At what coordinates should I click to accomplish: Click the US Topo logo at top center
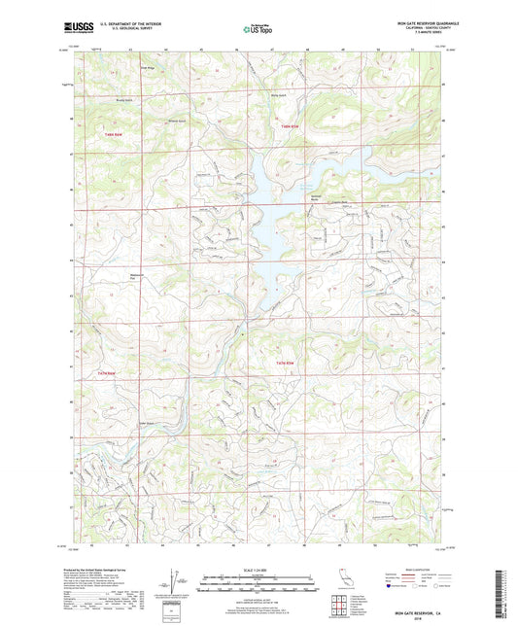click(x=252, y=30)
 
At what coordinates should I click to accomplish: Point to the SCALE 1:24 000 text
click(x=258, y=570)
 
